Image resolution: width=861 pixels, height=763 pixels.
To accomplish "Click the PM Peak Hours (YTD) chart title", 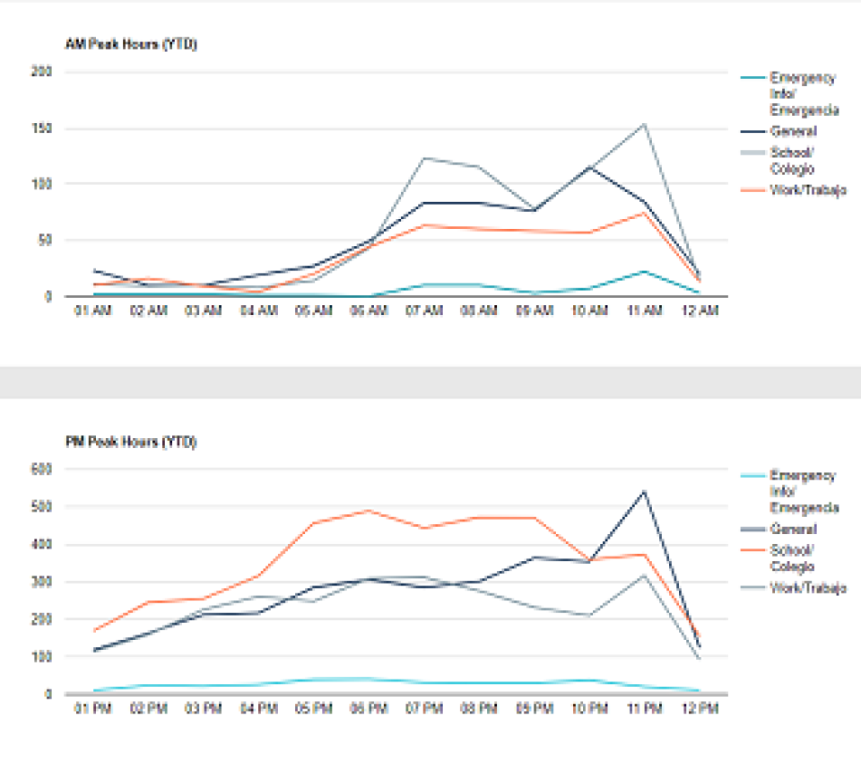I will click(131, 443).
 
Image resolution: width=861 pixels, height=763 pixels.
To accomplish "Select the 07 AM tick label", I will click(423, 311).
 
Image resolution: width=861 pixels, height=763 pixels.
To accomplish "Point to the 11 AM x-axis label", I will click(644, 311).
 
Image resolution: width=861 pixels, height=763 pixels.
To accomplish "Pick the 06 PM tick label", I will click(369, 709).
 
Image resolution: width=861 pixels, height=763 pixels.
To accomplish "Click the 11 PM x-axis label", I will click(644, 709).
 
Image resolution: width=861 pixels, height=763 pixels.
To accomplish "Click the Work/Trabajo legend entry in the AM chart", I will click(807, 189).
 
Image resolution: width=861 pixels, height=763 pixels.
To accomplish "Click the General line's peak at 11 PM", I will click(644, 491).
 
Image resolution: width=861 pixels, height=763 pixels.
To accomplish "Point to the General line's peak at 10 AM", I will click(589, 167).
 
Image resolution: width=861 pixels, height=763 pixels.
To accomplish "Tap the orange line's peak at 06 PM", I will click(369, 511).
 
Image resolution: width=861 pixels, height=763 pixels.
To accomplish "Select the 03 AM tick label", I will click(203, 311).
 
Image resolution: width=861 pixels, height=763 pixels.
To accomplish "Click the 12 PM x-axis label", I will click(699, 709).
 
